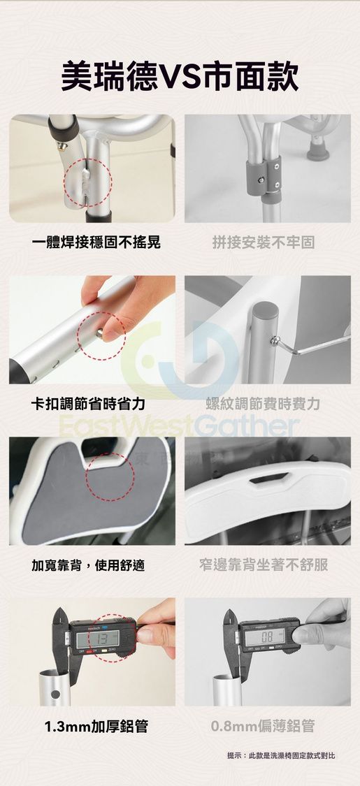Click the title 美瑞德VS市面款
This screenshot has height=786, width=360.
[180, 77]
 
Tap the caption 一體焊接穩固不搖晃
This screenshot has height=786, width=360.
[96, 243]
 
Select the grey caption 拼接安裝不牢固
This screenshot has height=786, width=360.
[264, 243]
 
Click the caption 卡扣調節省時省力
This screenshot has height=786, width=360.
[88, 404]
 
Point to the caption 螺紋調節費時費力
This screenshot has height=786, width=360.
[264, 404]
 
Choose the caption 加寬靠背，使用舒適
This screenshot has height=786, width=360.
[88, 565]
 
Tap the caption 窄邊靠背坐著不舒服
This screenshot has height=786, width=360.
[264, 565]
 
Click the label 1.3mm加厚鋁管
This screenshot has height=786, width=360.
[96, 727]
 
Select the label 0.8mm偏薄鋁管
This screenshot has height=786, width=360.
[264, 727]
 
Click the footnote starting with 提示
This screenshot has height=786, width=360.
[281, 755]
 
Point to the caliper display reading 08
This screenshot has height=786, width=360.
[264, 638]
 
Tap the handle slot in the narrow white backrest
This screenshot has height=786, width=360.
[269, 478]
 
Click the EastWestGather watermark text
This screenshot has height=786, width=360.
[179, 425]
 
